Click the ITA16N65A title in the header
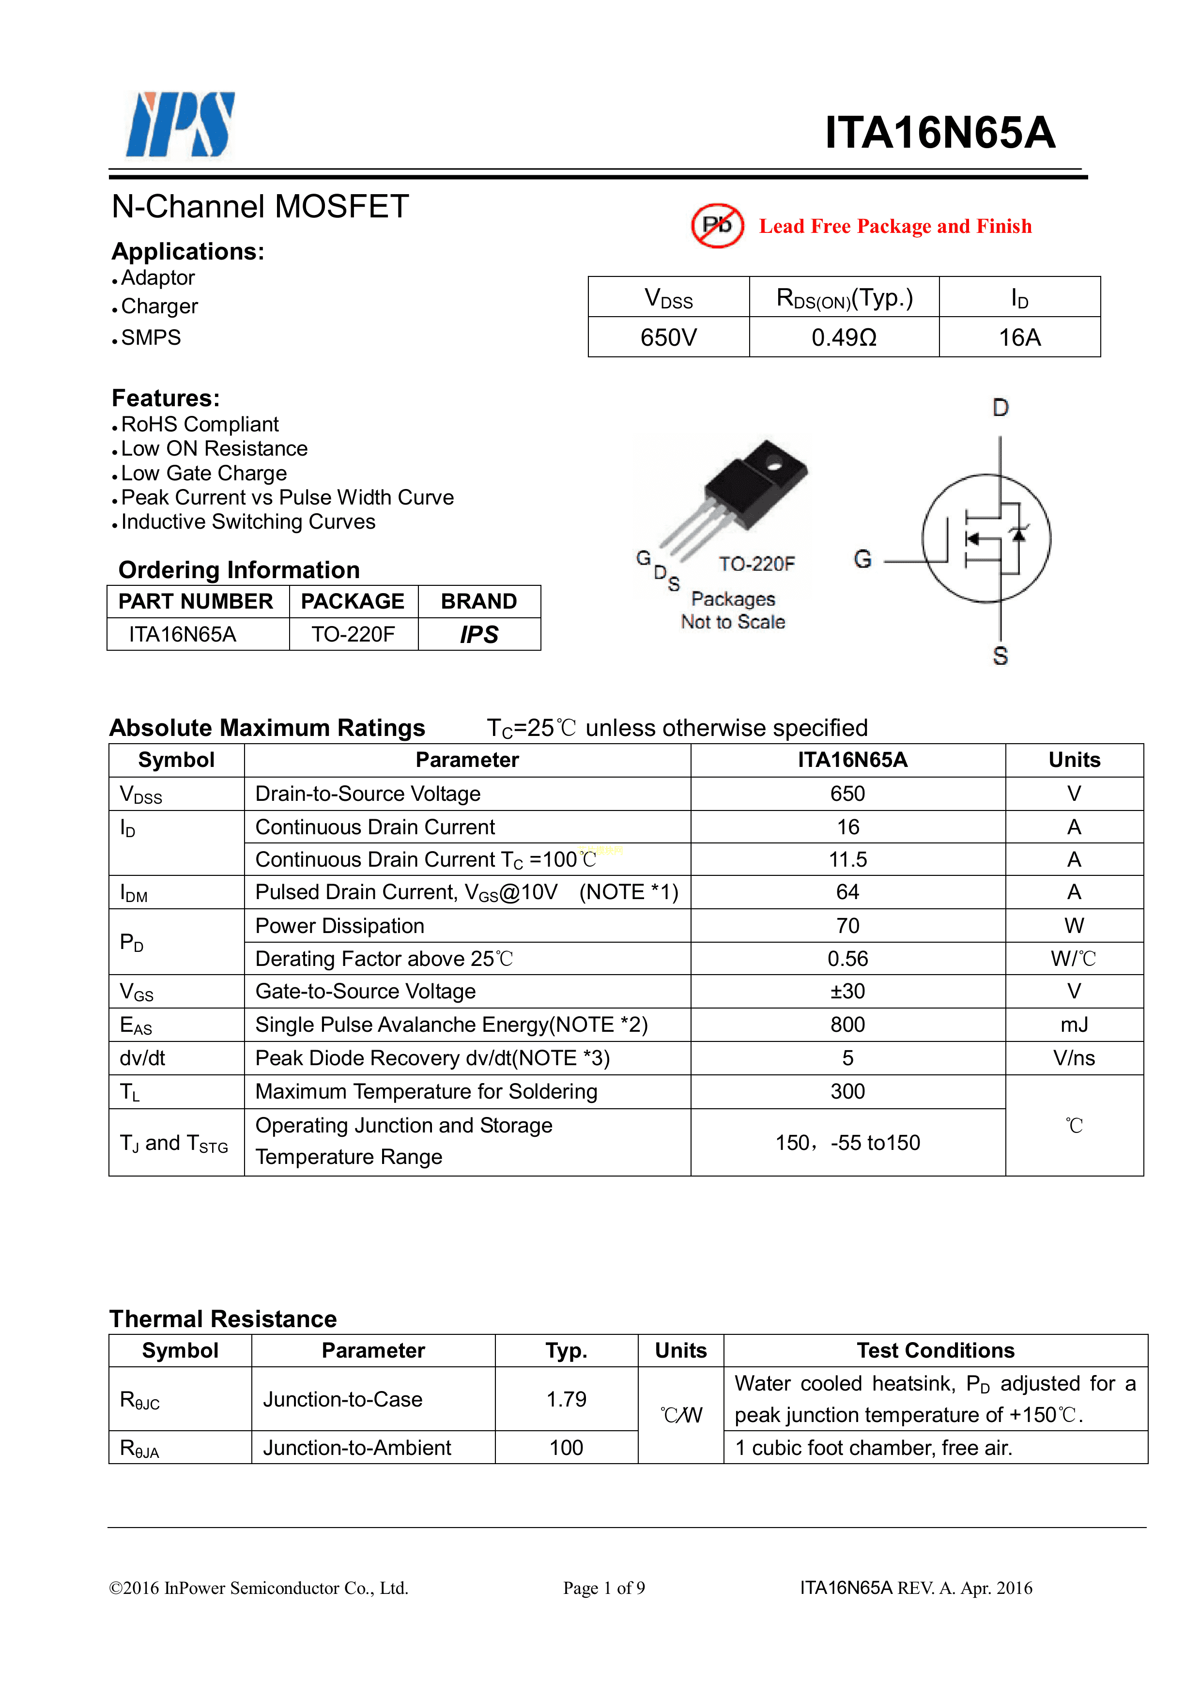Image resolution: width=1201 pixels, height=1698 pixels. point(939,133)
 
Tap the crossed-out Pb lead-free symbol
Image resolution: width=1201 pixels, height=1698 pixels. point(717,226)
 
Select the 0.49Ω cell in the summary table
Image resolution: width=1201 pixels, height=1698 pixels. point(843,338)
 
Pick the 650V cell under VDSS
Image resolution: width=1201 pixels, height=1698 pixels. point(668,338)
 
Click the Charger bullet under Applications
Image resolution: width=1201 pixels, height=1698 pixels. point(159,306)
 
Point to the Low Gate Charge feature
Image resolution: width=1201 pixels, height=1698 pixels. point(203,474)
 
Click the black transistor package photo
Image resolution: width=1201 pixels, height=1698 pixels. point(754,484)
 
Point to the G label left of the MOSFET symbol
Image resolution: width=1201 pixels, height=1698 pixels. point(862,559)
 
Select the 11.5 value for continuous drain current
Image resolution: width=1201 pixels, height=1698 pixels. point(847,859)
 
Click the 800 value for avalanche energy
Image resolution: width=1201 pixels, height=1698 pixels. point(847,1025)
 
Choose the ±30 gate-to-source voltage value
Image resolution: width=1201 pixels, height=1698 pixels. point(847,991)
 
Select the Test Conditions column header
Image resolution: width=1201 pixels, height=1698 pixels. point(936,1350)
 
